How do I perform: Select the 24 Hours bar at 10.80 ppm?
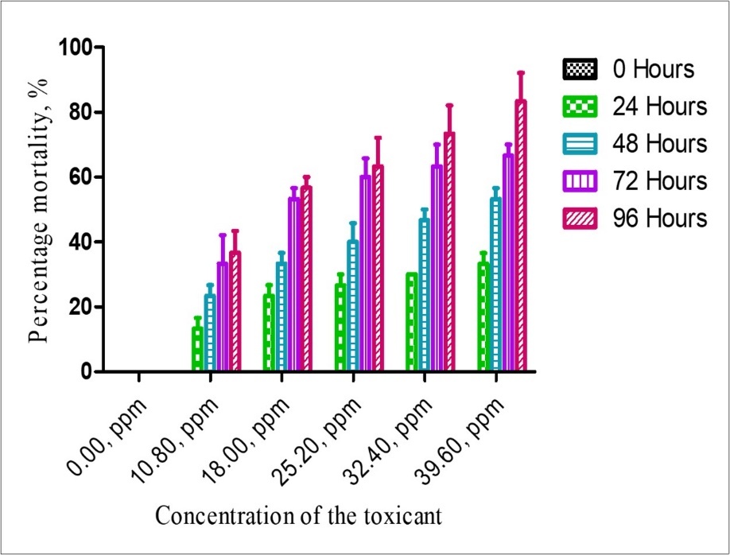tap(197, 349)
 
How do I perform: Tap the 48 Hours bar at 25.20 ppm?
tap(352, 305)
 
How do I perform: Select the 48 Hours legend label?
tap(659, 144)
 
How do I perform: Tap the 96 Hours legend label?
tap(659, 219)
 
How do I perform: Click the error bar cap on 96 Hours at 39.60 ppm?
tap(521, 72)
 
